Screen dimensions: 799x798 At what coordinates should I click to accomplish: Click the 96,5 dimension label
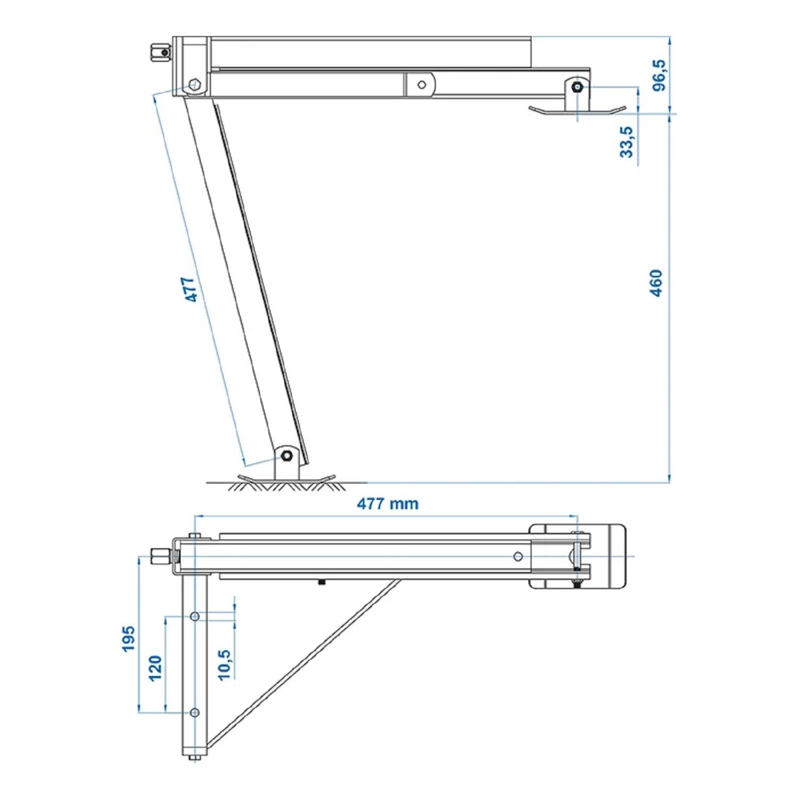(659, 75)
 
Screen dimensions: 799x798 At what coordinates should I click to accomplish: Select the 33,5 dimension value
(627, 142)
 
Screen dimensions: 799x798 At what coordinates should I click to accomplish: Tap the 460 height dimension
(656, 283)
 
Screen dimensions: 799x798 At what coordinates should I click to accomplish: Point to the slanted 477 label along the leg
(191, 289)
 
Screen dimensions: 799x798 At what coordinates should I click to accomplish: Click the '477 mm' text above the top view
(387, 503)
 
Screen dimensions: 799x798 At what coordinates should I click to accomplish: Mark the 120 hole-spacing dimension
(155, 667)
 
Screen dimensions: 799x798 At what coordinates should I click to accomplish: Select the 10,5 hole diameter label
(224, 664)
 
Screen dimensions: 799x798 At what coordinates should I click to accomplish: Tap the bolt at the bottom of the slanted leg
(286, 455)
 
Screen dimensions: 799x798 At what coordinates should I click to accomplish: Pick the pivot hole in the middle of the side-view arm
(421, 85)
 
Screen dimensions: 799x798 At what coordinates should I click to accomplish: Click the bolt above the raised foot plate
(576, 87)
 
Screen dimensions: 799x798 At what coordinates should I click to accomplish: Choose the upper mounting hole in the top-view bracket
(195, 616)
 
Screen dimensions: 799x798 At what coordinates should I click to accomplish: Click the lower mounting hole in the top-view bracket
(195, 712)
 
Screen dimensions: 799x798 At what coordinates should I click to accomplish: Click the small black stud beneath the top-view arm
(321, 582)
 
